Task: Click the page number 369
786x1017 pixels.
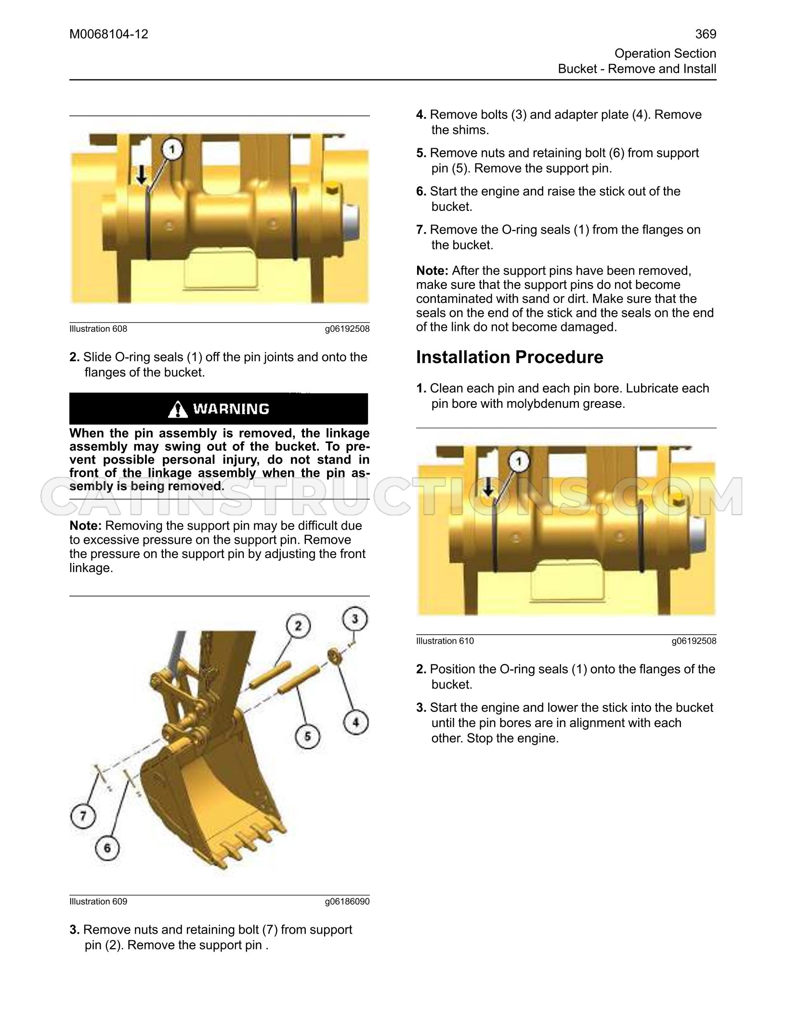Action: point(706,34)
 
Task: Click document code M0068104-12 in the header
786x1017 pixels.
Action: point(109,34)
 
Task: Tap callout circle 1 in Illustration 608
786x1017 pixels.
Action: point(172,151)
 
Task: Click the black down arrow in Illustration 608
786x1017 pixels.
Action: point(142,175)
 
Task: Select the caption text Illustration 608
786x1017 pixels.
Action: point(98,329)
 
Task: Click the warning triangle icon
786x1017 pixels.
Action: point(178,409)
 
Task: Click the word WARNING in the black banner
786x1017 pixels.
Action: point(231,409)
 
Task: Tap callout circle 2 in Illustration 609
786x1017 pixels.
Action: point(298,626)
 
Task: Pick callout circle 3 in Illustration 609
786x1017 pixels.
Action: point(355,619)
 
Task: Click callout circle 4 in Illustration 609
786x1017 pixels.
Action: point(356,722)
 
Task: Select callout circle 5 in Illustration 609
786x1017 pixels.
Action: point(307,736)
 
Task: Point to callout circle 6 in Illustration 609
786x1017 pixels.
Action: point(107,847)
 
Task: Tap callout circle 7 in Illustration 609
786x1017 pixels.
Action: point(83,816)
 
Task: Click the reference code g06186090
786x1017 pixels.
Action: point(347,901)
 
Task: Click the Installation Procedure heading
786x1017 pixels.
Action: point(510,357)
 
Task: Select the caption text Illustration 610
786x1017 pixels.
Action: point(445,641)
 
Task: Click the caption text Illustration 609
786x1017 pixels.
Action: point(98,901)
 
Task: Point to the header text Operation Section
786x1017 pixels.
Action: point(666,53)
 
